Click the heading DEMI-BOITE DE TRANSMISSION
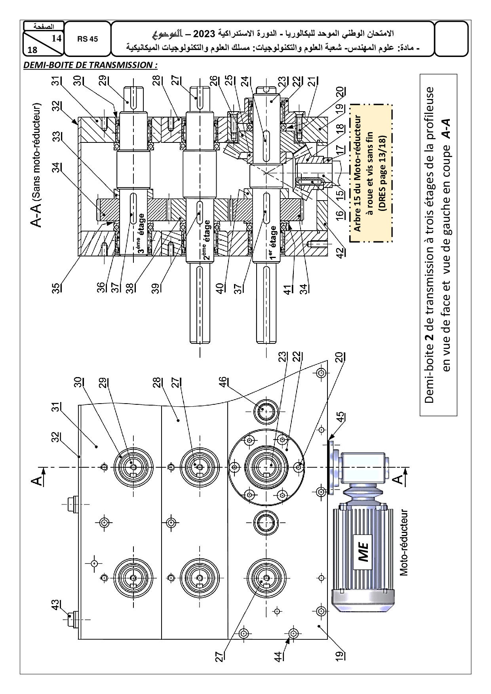[x=90, y=65]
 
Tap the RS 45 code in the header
[x=88, y=39]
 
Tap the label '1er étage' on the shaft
[x=273, y=242]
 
